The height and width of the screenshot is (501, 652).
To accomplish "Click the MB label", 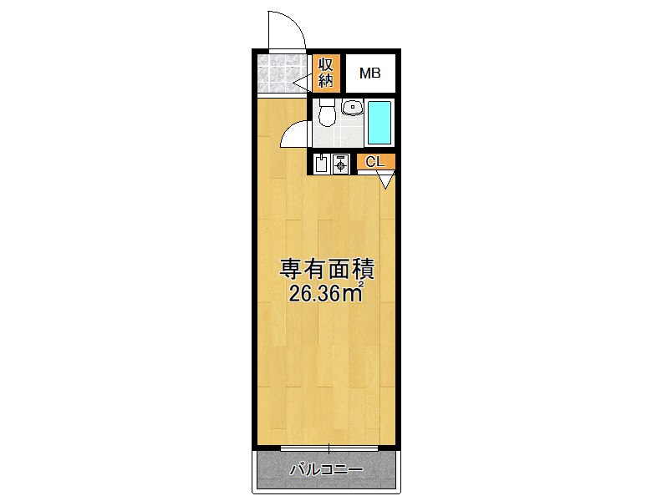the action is pos(370,73).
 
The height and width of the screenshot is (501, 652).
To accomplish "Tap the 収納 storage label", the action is pos(326,73).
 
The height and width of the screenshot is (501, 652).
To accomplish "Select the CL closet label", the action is pos(375,162).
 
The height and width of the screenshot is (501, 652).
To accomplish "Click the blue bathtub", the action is pos(379,123).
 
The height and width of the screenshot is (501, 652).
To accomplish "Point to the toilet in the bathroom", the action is pos(327,112).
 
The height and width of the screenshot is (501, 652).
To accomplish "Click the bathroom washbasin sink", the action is pos(352,107).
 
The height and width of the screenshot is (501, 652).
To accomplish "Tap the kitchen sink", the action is pos(321,164).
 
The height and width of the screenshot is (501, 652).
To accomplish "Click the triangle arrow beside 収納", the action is pos(303,83).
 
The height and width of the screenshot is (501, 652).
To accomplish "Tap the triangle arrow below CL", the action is pos(386,180).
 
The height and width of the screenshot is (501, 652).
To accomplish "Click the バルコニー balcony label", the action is pos(326,470).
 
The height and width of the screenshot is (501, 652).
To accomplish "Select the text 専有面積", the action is pos(327,269).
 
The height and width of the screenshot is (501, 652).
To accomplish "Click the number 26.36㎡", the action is pos(327,292).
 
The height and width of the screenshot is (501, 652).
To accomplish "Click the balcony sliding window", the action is pos(329,448).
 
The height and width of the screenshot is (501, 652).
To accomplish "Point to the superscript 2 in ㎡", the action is pos(361,285).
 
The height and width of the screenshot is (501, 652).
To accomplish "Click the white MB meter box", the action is pos(370,73).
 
